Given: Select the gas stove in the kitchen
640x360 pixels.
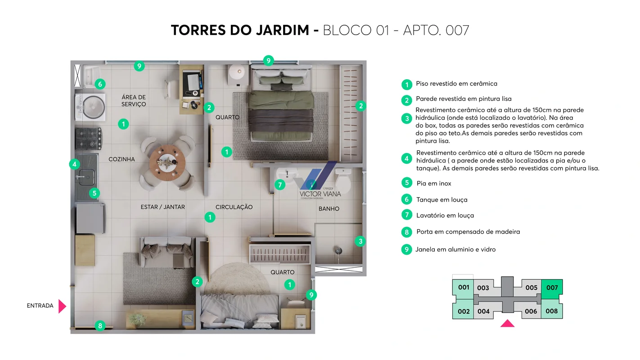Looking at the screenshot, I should [88, 139].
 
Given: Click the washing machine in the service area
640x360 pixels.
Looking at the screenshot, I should [90, 107].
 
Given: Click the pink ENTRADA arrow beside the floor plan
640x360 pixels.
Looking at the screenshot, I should [62, 306].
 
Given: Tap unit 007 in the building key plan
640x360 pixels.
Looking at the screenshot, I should [552, 288].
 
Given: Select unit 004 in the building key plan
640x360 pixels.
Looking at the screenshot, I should [483, 311].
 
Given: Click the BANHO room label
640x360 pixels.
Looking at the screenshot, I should [329, 209].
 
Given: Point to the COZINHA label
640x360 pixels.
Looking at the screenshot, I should [122, 159].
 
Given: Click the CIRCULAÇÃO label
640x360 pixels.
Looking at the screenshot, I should [234, 207].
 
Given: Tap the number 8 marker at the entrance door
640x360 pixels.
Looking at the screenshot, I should [100, 325].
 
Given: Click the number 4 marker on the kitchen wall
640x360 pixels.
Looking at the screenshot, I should [74, 164].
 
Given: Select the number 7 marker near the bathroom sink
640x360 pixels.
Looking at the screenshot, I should [280, 184].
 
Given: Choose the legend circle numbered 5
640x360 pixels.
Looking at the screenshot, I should [406, 183].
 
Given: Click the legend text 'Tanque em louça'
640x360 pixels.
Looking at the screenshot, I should [442, 200].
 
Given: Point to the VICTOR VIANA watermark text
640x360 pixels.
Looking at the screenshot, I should [320, 194].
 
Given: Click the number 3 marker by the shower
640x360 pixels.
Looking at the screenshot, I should [360, 241].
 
